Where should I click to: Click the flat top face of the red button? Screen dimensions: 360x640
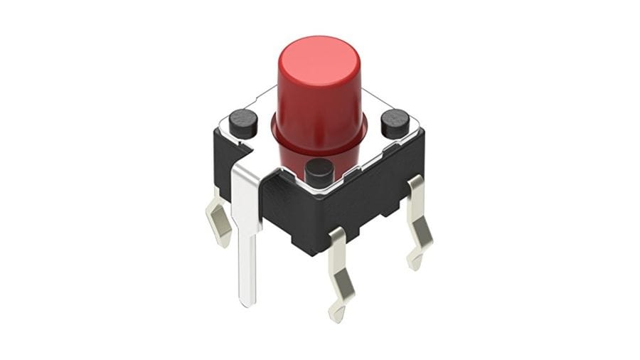coord(317,55)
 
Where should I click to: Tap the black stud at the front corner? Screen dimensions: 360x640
coord(319,171)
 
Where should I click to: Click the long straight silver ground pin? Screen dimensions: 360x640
coord(247,242)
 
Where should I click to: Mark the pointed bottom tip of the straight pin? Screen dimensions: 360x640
coord(247,302)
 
